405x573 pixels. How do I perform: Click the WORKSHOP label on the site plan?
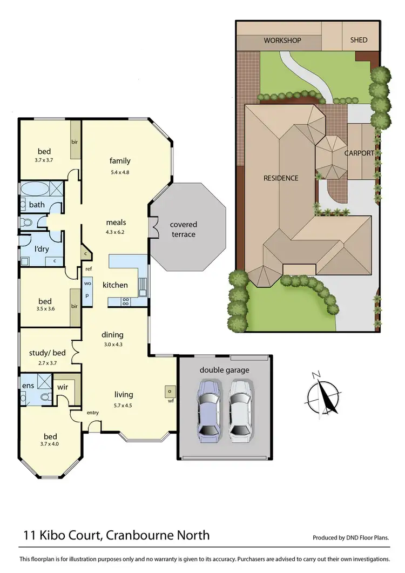[x=282, y=41]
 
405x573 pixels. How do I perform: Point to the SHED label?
[x=359, y=40]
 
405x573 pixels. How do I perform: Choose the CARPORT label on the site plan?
[x=360, y=153]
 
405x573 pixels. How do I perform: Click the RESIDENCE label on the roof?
[x=280, y=178]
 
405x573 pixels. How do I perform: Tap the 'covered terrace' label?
[x=184, y=230]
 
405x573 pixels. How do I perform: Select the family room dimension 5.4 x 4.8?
[x=120, y=172]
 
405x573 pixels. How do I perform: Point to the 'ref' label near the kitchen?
[x=88, y=268]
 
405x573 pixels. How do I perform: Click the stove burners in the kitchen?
[x=125, y=301]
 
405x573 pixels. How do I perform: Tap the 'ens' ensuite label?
[x=28, y=386]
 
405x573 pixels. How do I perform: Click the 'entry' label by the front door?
[x=93, y=413]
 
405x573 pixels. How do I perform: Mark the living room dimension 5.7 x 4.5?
[x=123, y=405]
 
